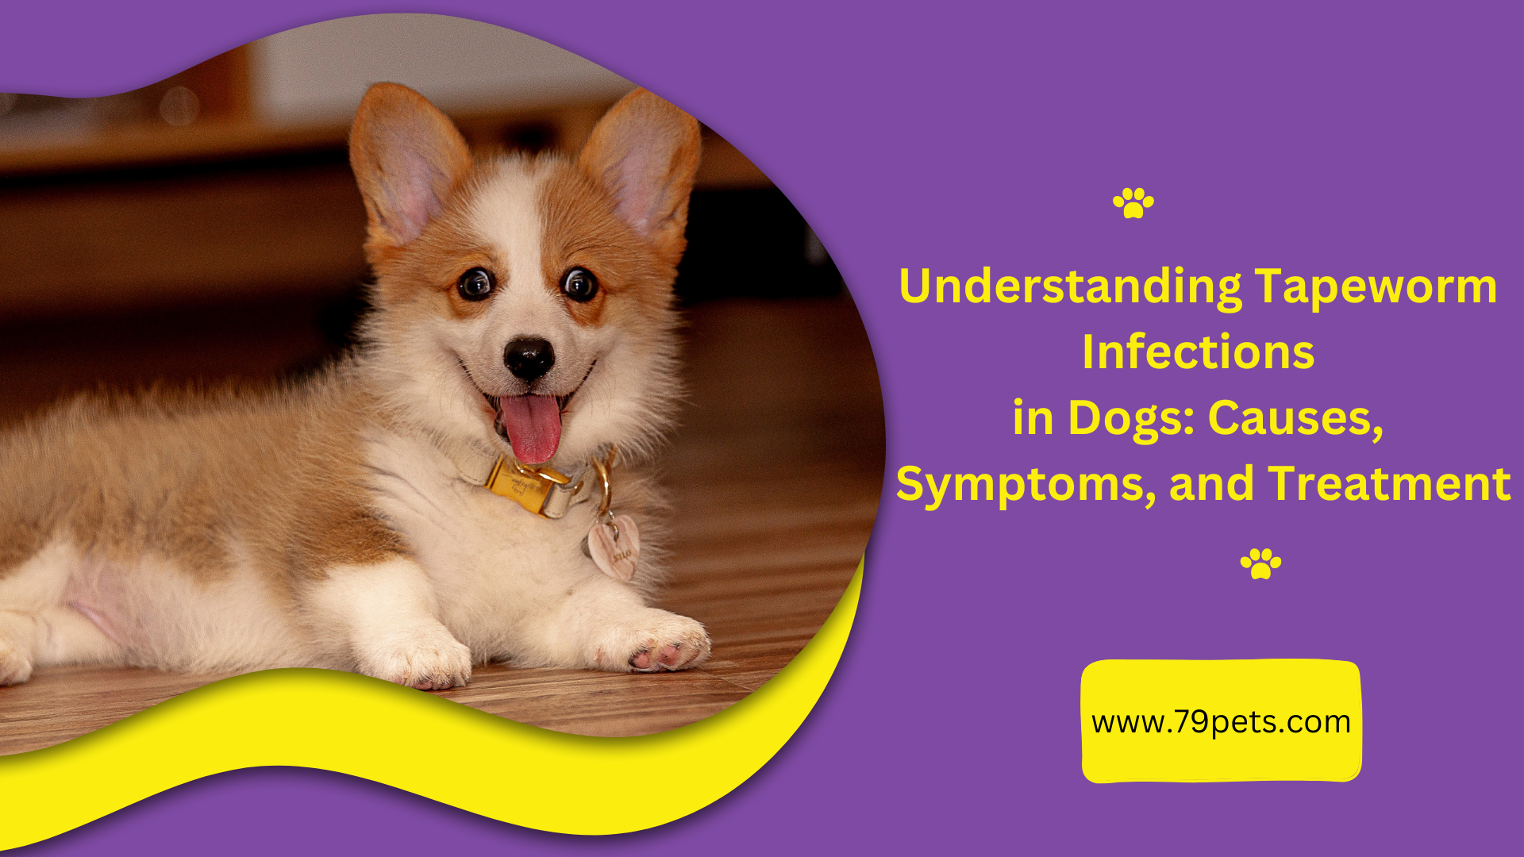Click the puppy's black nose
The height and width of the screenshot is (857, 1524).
tap(529, 356)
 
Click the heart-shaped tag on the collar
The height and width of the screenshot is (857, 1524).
tap(614, 547)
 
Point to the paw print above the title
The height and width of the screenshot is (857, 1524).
tap(1133, 203)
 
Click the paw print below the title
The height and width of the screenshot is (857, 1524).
tap(1260, 563)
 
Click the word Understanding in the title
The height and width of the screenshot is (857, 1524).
tap(1070, 286)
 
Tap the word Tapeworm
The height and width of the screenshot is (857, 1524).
tap(1376, 286)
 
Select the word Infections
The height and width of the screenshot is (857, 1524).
tap(1198, 352)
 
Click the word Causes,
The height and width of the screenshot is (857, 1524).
tap(1295, 418)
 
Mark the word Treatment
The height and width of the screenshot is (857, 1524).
tap(1389, 484)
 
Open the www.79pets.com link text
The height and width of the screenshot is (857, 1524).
tap(1221, 722)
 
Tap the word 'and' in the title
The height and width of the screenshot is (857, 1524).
tap(1211, 484)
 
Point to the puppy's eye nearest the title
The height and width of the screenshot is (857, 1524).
tap(580, 283)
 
